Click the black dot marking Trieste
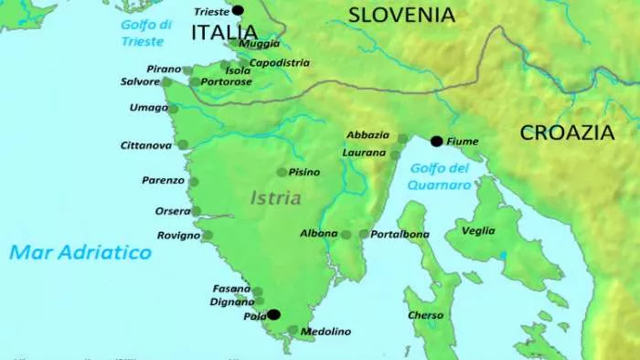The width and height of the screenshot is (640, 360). click(239, 11)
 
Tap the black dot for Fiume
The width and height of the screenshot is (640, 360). click(436, 141)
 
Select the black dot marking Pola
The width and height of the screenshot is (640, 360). click(272, 314)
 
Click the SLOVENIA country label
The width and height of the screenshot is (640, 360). click(401, 15)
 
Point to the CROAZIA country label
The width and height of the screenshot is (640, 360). click(567, 132)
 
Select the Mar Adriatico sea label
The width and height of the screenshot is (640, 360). click(80, 252)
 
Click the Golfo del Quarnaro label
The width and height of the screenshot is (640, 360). click(440, 176)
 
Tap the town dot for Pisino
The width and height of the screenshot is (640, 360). click(282, 172)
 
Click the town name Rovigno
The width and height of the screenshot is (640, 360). click(177, 236)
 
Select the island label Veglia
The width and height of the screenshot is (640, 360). click(478, 231)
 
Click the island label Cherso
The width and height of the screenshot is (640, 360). click(425, 315)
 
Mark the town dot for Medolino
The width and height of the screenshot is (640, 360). click(293, 331)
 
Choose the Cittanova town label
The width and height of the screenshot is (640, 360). click(146, 144)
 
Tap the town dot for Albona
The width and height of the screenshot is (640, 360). click(346, 235)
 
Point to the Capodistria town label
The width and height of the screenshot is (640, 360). click(279, 63)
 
